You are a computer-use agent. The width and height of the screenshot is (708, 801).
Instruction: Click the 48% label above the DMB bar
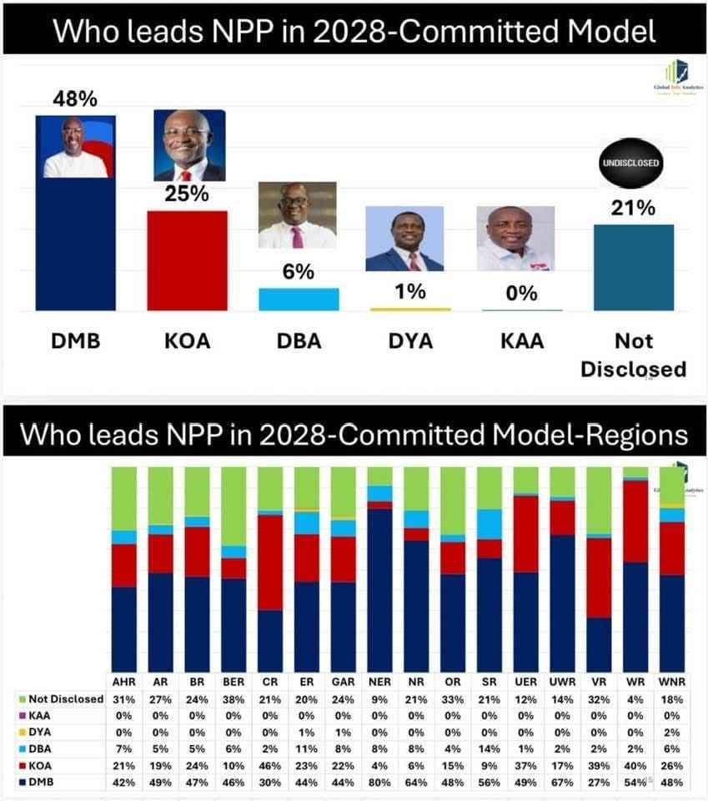[75, 99]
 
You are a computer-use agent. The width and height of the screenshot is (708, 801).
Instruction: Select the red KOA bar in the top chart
[187, 260]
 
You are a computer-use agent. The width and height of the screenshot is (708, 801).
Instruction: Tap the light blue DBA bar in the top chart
[299, 299]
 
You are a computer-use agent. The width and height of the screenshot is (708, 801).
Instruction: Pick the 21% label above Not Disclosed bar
[633, 209]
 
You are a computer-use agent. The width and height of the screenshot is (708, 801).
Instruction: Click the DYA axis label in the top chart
[409, 341]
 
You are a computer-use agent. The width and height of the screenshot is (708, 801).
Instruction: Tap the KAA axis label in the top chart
[522, 341]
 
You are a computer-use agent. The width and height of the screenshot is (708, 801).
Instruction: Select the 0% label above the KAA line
[521, 294]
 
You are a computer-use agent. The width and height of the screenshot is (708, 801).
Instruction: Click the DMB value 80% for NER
[379, 782]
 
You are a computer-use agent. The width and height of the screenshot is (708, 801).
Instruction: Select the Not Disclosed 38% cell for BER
[233, 699]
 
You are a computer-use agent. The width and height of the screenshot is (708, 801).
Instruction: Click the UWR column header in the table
[562, 681]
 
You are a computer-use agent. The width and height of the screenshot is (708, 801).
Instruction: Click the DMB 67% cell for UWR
[562, 782]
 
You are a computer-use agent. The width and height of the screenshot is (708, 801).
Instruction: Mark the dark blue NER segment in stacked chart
[379, 589]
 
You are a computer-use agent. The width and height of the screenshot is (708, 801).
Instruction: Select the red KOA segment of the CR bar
[269, 562]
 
